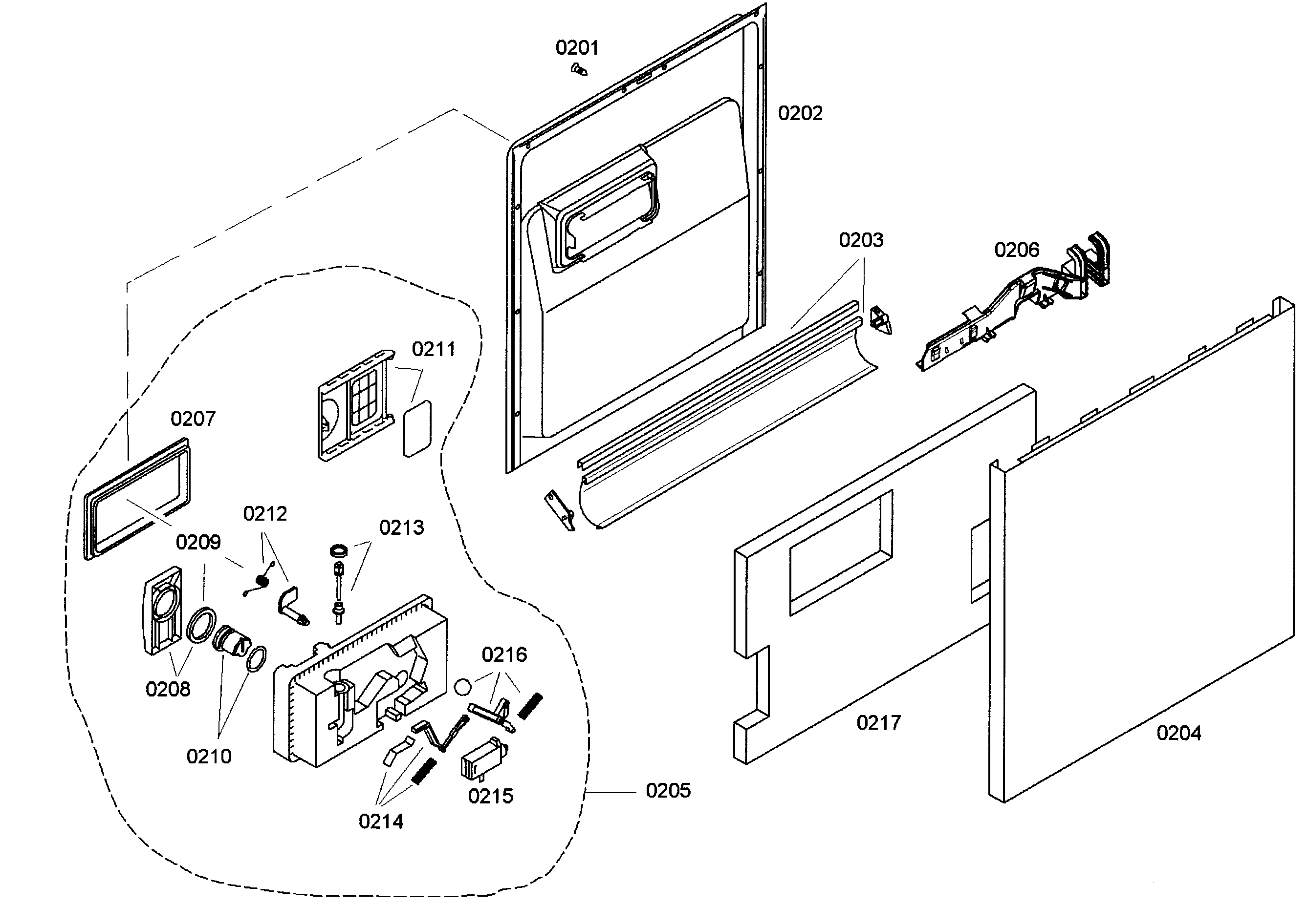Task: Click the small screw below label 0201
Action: pos(579,70)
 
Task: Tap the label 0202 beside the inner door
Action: pos(800,113)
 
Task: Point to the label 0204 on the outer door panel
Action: pos(1178,734)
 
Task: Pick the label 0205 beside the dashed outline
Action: pos(668,791)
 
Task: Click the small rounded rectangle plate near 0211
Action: pos(417,429)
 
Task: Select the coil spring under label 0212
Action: pos(262,581)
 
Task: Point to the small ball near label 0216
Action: pos(463,686)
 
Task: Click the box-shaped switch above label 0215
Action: pos(482,759)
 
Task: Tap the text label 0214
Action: pos(381,822)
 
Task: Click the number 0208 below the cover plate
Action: pos(168,689)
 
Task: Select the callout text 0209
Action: pos(197,543)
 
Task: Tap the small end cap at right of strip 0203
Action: pos(881,321)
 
